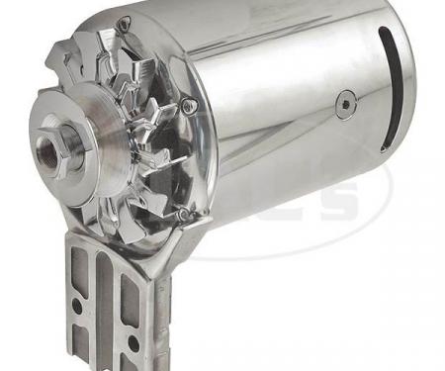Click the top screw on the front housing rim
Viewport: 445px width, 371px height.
tap(124, 22)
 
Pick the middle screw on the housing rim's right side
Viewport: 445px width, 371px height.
tap(190, 104)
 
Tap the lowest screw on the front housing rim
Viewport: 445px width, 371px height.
tap(182, 213)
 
